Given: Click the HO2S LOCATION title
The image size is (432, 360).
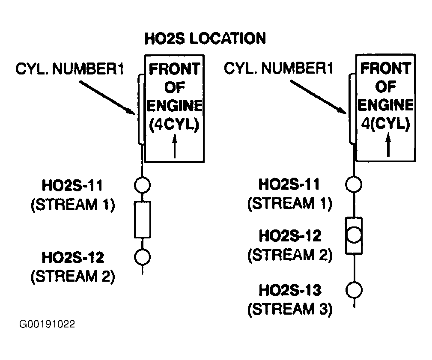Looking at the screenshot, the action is coord(205,39).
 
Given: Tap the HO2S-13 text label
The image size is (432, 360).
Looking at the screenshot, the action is coord(290,290).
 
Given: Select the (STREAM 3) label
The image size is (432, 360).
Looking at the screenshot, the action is coord(290,309).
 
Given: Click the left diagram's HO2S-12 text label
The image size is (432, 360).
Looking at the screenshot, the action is coord(73,257).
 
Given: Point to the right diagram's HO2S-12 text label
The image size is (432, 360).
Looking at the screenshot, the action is coord(290,236).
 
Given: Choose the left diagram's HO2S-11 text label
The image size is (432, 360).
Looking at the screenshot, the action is coord(72,185).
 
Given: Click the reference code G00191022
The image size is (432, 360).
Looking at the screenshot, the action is coord(47,324).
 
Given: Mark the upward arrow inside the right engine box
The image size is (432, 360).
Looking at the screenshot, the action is coord(388,144).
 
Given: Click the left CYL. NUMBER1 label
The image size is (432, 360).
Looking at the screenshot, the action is coord(70,69).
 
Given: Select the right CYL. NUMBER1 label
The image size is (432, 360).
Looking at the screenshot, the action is coord(279,68).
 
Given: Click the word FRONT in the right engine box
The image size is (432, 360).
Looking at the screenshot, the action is coord(386,68).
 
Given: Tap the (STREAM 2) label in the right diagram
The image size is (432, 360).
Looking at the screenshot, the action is coord(290,255).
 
